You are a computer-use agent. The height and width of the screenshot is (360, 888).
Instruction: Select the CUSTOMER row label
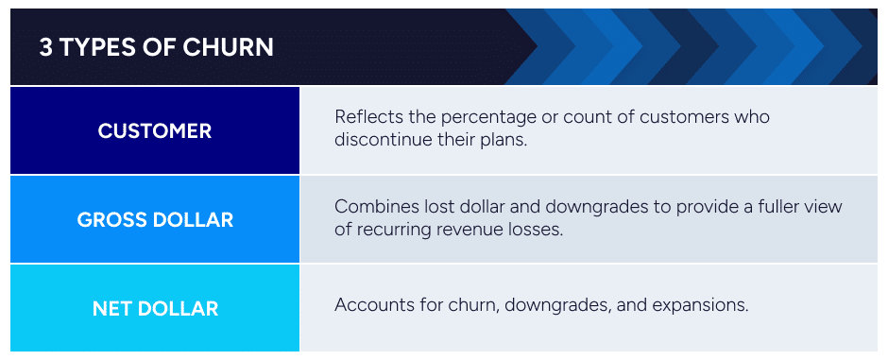(x=155, y=130)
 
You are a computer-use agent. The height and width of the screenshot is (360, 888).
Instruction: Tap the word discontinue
(x=382, y=140)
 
